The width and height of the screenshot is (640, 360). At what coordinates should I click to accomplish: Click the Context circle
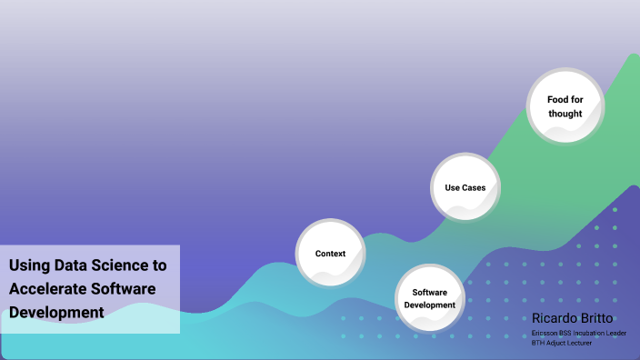click(x=330, y=253)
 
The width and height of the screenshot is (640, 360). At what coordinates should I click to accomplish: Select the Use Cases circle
click(x=465, y=188)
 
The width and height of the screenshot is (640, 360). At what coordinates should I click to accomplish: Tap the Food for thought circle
click(x=565, y=106)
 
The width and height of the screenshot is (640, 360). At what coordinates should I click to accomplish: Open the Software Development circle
click(x=429, y=298)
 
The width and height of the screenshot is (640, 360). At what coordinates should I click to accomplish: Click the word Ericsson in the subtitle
click(x=545, y=334)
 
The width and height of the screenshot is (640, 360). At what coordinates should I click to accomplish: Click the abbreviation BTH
click(x=538, y=344)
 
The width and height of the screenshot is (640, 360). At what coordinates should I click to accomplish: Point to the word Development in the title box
click(x=56, y=312)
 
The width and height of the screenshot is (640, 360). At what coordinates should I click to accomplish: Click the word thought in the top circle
click(x=565, y=114)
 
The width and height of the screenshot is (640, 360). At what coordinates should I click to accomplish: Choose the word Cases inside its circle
click(x=472, y=188)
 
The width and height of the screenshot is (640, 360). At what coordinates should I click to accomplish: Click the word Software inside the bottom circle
click(x=429, y=292)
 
